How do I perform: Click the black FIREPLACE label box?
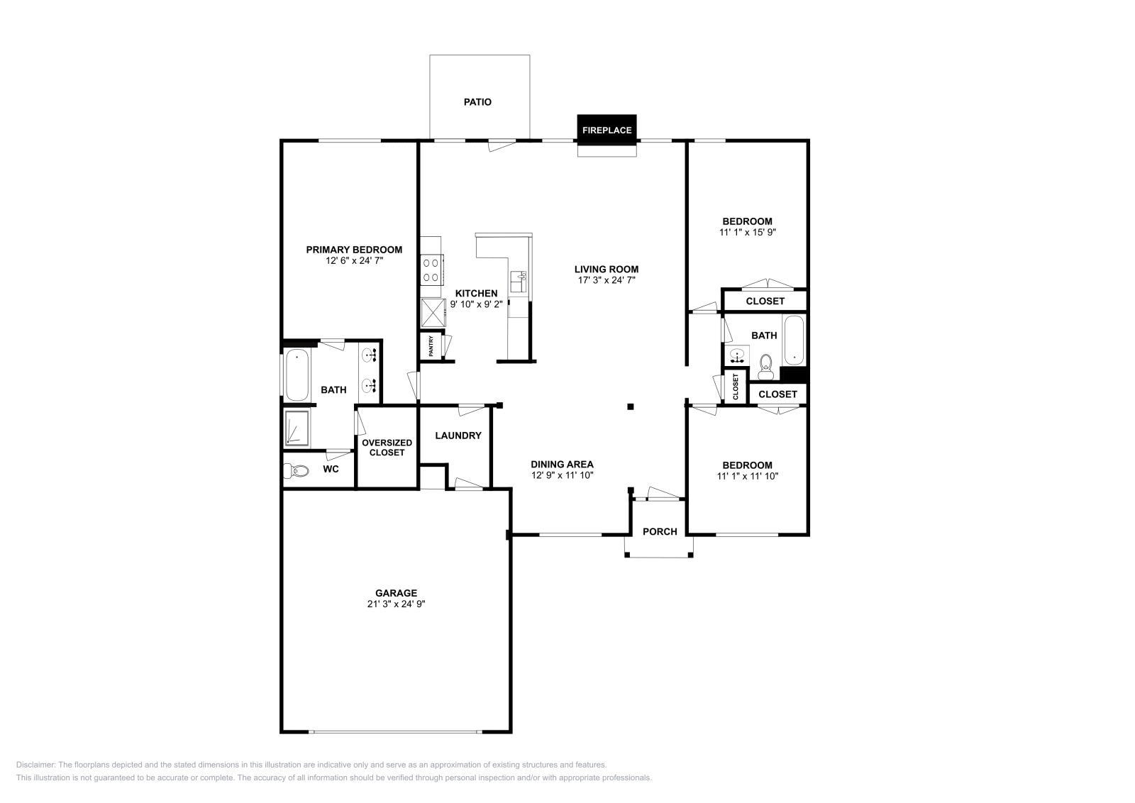point(607,130)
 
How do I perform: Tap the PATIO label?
point(477,102)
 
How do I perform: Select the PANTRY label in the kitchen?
point(431,347)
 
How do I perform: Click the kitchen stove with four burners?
point(431,270)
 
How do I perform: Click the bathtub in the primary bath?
point(297,375)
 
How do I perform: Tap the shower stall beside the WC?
point(297,428)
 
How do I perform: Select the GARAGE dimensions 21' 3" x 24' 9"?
point(396,604)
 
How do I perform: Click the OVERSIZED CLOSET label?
point(387,448)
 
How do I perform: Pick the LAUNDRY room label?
point(458,436)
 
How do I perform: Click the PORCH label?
point(660,531)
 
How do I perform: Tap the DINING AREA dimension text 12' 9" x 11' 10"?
point(562,475)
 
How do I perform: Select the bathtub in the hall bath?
point(794,340)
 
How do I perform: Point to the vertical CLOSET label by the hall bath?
point(736,387)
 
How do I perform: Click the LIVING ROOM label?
point(607,269)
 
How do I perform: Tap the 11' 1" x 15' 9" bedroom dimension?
point(747,232)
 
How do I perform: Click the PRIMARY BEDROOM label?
point(354,250)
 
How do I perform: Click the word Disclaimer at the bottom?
point(34,765)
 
